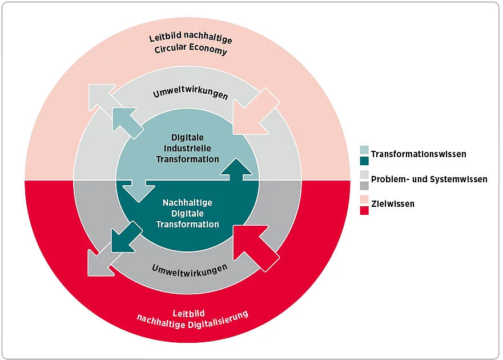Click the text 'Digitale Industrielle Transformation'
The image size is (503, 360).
(x=188, y=148)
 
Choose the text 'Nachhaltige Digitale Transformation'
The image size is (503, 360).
(x=188, y=213)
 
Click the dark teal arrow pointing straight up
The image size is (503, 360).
(x=236, y=170)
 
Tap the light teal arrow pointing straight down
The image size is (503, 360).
(x=139, y=190)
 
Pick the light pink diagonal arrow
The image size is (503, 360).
(x=254, y=114)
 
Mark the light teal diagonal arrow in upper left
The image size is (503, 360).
(x=127, y=122)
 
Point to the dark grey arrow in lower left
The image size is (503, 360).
(x=100, y=261)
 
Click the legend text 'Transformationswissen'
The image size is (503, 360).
(x=419, y=154)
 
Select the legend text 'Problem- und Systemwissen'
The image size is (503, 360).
(x=429, y=179)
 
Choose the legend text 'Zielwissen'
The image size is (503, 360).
(x=393, y=204)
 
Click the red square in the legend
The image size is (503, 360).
(x=364, y=210)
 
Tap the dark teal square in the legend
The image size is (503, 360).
(x=364, y=160)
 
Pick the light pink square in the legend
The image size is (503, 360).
(x=364, y=199)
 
